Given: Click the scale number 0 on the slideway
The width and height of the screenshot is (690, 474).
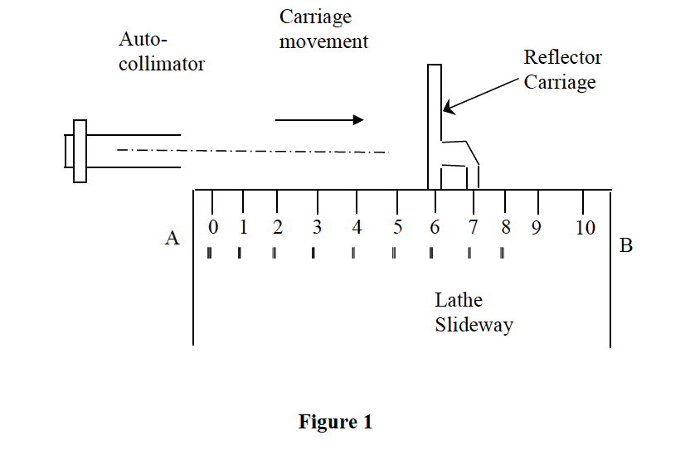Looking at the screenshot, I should [x=213, y=227].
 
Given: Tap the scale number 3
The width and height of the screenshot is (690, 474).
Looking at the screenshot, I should [x=317, y=227].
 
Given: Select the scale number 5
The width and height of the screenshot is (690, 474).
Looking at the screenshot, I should [x=397, y=227].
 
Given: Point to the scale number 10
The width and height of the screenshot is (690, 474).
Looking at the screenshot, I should [x=586, y=227].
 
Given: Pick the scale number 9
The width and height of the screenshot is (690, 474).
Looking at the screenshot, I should [x=537, y=227].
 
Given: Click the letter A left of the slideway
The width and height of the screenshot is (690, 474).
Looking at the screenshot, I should [x=172, y=239].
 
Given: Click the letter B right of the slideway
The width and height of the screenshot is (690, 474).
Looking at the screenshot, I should [x=626, y=245].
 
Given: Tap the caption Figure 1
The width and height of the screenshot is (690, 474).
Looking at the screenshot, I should [x=335, y=422].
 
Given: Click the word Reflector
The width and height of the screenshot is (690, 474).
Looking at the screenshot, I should [x=562, y=58].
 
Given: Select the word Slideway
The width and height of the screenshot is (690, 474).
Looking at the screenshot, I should [x=474, y=325].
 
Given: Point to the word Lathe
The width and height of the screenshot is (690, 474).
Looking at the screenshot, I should [x=459, y=300].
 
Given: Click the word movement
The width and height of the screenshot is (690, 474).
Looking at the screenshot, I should [x=323, y=41].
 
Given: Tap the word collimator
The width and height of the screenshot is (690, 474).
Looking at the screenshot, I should [x=162, y=63].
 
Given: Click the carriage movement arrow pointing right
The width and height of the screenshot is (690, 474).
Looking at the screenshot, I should [x=319, y=120].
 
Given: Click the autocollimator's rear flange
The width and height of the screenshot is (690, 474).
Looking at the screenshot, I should [x=80, y=151].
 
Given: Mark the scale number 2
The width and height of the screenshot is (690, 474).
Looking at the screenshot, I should [x=277, y=227].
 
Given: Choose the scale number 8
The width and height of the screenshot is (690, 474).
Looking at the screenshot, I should [x=505, y=227].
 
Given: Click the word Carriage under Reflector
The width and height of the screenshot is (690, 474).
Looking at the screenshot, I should [x=560, y=83].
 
